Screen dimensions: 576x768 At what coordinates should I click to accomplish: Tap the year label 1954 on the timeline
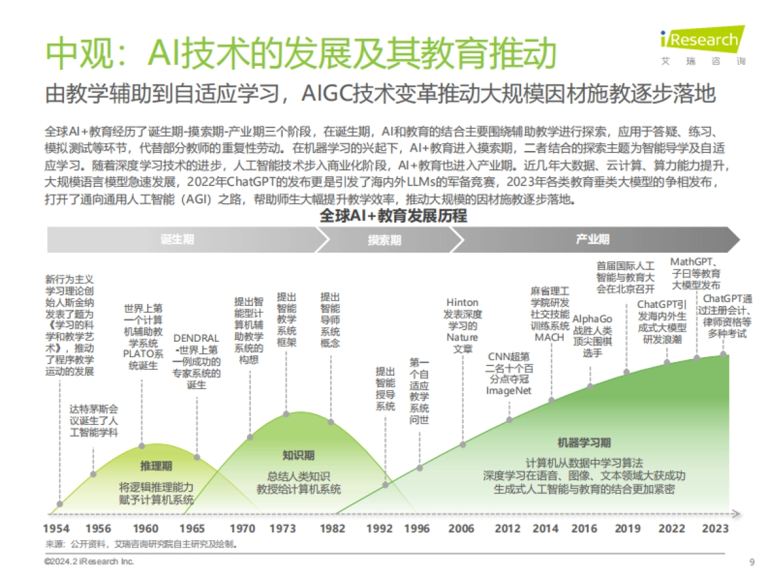pos(56,528)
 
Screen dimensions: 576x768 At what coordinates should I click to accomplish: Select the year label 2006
pos(461,528)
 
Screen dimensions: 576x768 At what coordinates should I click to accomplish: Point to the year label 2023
pos(716,528)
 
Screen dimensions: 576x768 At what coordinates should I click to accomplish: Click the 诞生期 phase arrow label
pos(177,240)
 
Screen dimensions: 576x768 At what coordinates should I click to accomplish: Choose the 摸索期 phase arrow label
pos(385,240)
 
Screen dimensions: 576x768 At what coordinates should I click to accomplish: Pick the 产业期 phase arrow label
pos(592,240)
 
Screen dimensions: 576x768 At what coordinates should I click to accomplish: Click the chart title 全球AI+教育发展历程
pos(393,216)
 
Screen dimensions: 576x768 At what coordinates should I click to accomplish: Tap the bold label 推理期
pos(156,466)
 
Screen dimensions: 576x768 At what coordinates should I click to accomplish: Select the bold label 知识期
pos(298,456)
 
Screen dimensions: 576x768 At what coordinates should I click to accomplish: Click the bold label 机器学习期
pos(584,443)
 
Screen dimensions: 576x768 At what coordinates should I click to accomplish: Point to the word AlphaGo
pos(592,319)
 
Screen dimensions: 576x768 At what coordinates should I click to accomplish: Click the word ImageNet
pos(509,391)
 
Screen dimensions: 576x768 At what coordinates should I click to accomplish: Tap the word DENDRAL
pos(196,338)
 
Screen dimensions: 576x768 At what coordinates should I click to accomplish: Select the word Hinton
pos(462,302)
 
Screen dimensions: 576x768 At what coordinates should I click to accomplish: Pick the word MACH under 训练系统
pos(549,337)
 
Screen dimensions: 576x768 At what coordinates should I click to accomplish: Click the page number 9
pos(751,562)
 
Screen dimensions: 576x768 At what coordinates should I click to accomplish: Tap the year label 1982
pos(332,528)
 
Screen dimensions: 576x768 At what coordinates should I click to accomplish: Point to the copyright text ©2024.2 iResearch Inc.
pos(90,561)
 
